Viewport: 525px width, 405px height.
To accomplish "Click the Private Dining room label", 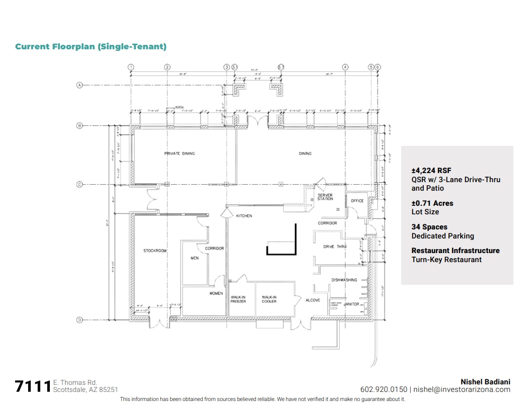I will click(x=179, y=153).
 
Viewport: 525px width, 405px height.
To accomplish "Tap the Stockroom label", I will click(x=155, y=251).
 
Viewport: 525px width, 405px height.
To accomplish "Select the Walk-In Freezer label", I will click(x=238, y=299).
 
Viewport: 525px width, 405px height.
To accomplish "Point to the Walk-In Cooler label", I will click(x=269, y=299).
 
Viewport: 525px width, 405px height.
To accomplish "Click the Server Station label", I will click(x=325, y=197).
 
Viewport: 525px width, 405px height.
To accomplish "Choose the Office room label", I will click(x=357, y=201).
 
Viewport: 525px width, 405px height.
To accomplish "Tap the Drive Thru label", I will click(x=335, y=247).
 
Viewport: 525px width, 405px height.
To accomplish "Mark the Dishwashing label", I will click(x=344, y=280).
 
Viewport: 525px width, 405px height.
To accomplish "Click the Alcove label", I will click(x=313, y=300).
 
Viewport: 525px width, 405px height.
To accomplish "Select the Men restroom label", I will click(x=195, y=258).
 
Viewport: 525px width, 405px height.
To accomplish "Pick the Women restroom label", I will click(x=216, y=293).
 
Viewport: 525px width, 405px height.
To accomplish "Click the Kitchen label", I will click(x=244, y=216).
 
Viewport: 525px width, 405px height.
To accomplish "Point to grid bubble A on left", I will click(x=79, y=86).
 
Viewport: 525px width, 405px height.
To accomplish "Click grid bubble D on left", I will click(x=79, y=319).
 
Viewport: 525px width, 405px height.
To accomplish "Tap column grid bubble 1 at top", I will click(x=131, y=67).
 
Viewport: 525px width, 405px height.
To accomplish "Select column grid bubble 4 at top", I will click(x=345, y=67).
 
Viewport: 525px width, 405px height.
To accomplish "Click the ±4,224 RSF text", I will click(x=431, y=171).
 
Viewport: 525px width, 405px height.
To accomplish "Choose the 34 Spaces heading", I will click(x=429, y=227).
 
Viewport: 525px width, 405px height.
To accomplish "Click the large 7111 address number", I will click(x=33, y=386).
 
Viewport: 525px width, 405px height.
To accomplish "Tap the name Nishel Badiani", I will click(x=485, y=382).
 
